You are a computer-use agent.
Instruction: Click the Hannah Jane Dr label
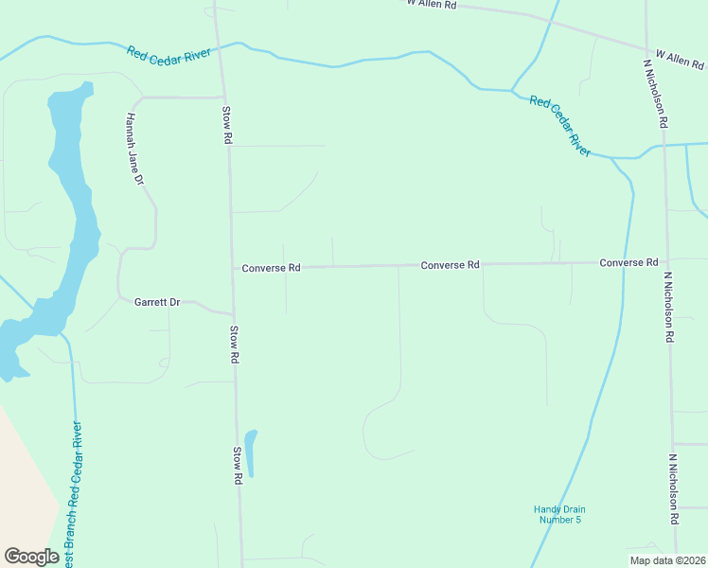[x=134, y=150]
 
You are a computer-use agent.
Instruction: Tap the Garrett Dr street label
[x=156, y=302]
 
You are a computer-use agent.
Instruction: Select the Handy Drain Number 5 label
[x=558, y=514]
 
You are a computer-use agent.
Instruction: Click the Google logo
[x=31, y=557]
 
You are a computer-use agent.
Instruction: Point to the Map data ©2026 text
[x=667, y=559]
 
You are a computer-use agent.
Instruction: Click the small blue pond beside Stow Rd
[x=251, y=453]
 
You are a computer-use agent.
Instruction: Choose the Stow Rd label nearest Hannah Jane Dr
[x=227, y=125]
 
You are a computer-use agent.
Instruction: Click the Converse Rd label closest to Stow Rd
[x=271, y=268]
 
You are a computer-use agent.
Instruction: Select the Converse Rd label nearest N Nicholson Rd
[x=628, y=262]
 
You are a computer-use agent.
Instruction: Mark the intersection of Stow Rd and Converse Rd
[x=233, y=269]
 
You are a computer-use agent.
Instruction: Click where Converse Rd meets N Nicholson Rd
[x=665, y=261]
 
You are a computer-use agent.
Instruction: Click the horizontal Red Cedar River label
[x=168, y=53]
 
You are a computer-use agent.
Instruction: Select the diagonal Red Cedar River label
[x=559, y=124]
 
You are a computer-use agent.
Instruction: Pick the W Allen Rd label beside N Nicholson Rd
[x=681, y=60]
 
